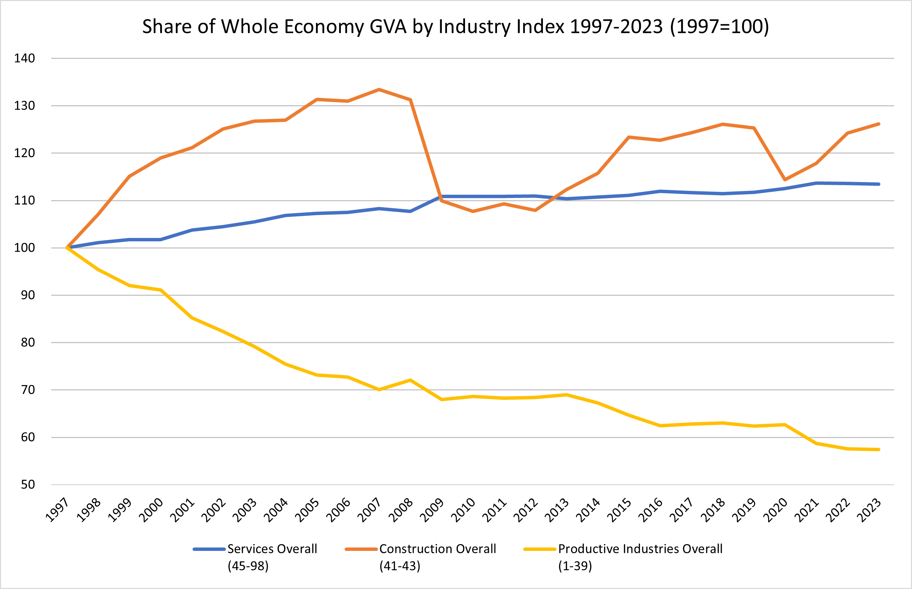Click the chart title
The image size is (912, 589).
(x=455, y=27)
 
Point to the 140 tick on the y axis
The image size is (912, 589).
(x=24, y=58)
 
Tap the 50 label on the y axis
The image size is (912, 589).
(x=28, y=485)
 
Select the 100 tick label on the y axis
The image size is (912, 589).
(x=24, y=247)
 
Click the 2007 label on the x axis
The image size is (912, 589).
(x=370, y=510)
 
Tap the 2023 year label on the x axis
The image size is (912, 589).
(x=869, y=510)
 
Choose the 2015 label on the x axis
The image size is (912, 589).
(x=619, y=510)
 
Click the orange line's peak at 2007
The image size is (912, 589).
(x=379, y=89)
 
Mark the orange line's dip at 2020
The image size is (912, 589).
(x=785, y=179)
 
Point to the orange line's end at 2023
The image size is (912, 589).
(x=879, y=124)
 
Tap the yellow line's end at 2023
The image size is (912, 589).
(x=879, y=449)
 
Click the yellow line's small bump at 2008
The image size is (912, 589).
(x=410, y=380)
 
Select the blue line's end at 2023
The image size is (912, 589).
(x=879, y=184)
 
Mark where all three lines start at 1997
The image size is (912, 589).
(x=67, y=247)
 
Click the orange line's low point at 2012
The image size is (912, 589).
(x=535, y=210)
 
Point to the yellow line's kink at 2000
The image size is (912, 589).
(x=161, y=290)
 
